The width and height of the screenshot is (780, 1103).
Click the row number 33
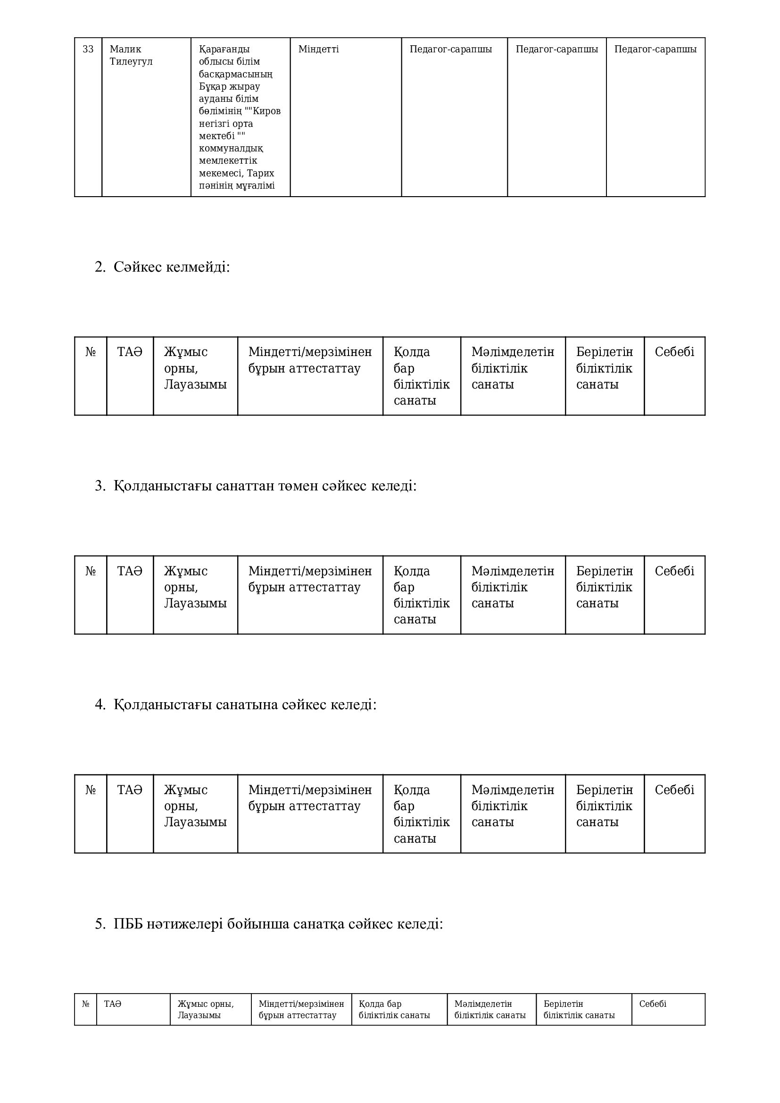tap(88, 49)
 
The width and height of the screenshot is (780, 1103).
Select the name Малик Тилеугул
tap(131, 55)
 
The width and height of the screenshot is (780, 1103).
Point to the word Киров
tap(266, 111)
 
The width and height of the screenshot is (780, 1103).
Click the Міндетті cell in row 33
tap(318, 49)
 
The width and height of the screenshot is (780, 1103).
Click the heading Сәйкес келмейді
tap(172, 267)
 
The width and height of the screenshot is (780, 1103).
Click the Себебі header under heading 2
tap(674, 352)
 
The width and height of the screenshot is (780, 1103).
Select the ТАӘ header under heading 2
tap(130, 352)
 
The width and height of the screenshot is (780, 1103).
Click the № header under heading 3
tap(90, 571)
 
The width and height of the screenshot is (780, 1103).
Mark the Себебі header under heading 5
tap(652, 1003)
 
